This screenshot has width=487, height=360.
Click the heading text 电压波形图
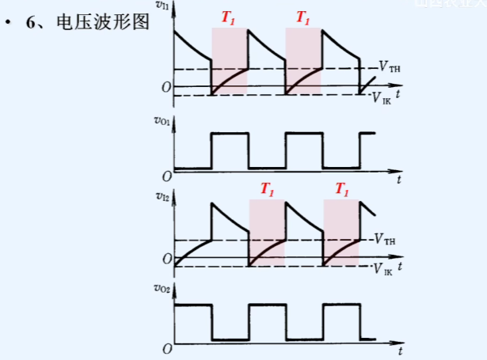pos(103,22)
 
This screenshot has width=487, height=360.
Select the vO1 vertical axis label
pos(163,121)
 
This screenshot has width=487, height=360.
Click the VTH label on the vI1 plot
pos(388,68)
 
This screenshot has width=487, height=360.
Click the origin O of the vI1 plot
pos(166,86)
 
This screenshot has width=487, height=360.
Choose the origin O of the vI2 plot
pos(166,259)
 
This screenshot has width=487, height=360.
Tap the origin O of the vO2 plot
pos(166,348)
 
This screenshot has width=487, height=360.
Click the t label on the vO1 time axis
pos(401,181)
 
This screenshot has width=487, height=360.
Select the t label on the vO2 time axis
pos(401,351)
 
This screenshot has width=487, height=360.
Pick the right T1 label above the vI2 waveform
pos(341,189)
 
